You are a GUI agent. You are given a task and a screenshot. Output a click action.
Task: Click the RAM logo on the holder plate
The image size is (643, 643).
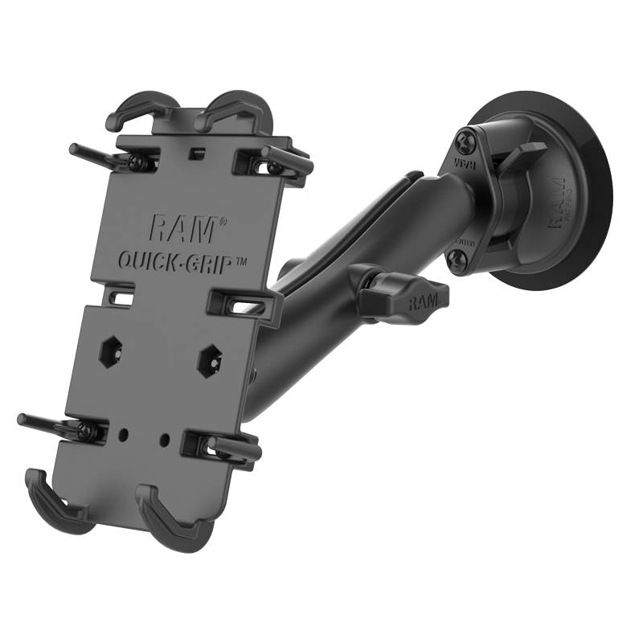182,228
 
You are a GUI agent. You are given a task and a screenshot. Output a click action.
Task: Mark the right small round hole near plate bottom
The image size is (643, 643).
164,440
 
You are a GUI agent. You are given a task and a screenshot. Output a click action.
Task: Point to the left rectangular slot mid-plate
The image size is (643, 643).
121,298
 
